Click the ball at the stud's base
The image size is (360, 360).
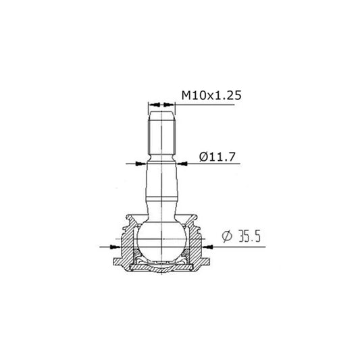(x=161, y=240)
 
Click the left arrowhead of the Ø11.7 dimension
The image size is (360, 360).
(x=140, y=163)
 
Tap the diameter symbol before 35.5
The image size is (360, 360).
(x=228, y=237)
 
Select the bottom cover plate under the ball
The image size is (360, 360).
(x=161, y=267)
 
